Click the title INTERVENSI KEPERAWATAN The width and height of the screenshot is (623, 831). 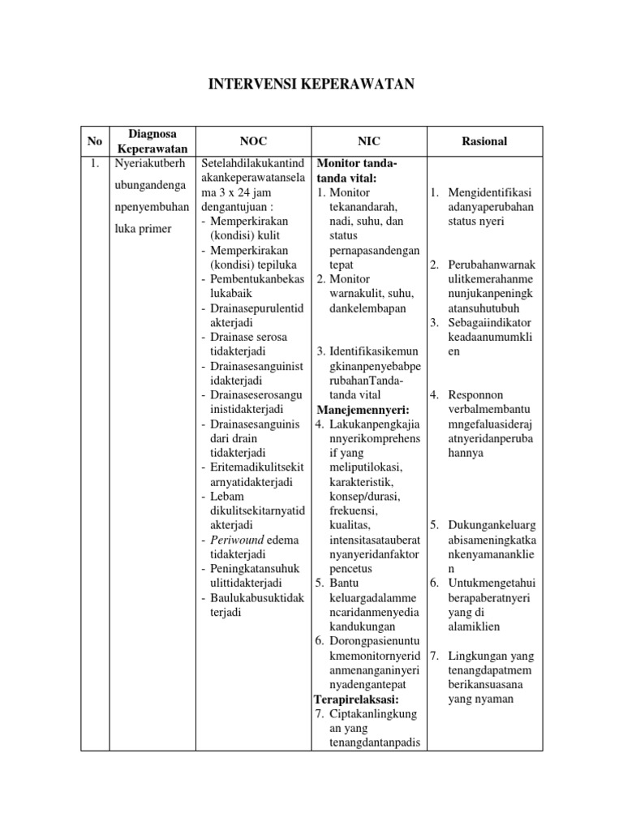pos(311,84)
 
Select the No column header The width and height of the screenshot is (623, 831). pos(94,141)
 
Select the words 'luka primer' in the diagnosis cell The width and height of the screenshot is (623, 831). pos(144,229)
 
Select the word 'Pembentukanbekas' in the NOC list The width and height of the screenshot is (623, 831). pos(256,279)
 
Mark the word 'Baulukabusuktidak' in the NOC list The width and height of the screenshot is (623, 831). pos(256,598)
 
